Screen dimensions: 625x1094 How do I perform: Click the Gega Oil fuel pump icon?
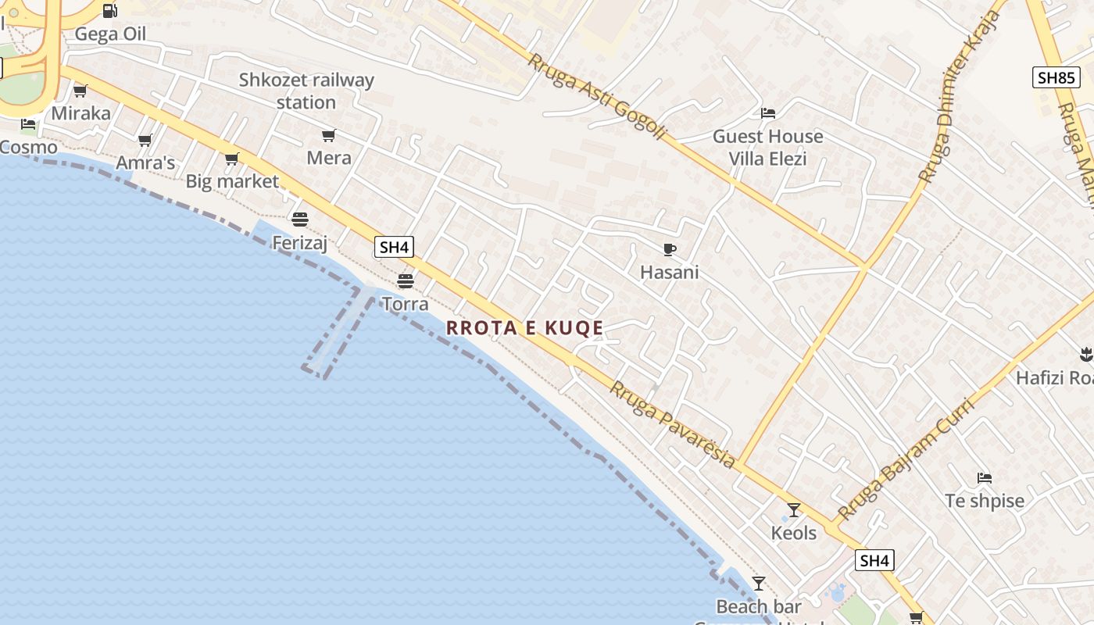coord(110,11)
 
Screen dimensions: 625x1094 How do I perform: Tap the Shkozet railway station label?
coord(306,91)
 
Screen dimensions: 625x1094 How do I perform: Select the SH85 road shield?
coord(1056,77)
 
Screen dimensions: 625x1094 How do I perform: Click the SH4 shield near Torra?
coord(394,248)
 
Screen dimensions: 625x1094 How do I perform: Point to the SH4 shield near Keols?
coord(874,560)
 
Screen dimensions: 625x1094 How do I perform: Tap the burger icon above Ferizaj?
coord(300,219)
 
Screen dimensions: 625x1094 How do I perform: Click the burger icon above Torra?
coord(405,280)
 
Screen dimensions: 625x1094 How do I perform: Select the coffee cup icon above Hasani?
coord(669,249)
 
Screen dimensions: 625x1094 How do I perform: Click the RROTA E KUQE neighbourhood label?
coord(524,328)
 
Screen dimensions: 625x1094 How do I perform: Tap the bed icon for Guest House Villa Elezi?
coord(768,113)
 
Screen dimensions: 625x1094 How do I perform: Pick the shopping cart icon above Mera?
coord(329,135)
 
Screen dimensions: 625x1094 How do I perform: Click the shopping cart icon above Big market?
coord(231,159)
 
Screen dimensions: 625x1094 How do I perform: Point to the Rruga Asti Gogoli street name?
coord(597,96)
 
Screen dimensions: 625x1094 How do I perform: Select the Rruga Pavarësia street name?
coord(673,425)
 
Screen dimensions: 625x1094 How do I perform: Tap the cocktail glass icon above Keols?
coord(794,510)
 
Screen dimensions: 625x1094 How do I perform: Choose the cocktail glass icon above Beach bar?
coord(758,583)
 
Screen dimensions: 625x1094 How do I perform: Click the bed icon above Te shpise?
coord(984,477)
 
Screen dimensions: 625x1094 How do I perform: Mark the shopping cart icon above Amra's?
coord(145,141)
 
